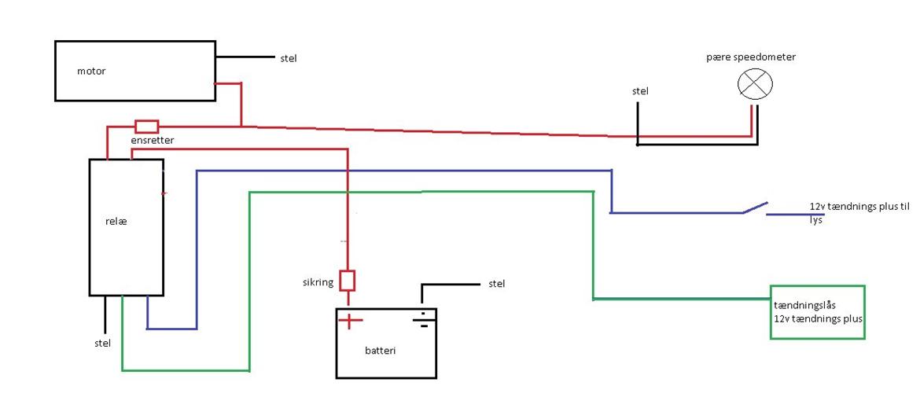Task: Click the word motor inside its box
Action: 91,72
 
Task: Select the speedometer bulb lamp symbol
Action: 755,84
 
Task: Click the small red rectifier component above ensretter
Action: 147,126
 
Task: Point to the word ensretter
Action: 153,140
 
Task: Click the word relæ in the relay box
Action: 116,222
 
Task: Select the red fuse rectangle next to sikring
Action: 348,281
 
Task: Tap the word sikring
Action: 318,281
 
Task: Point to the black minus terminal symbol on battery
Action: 422,319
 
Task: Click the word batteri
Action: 381,350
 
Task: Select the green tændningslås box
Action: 817,312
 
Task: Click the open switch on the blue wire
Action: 754,208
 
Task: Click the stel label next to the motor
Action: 289,58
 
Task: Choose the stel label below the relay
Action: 102,343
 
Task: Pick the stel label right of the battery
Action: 497,283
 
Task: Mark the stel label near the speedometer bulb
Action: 641,91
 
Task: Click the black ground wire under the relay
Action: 105,315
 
